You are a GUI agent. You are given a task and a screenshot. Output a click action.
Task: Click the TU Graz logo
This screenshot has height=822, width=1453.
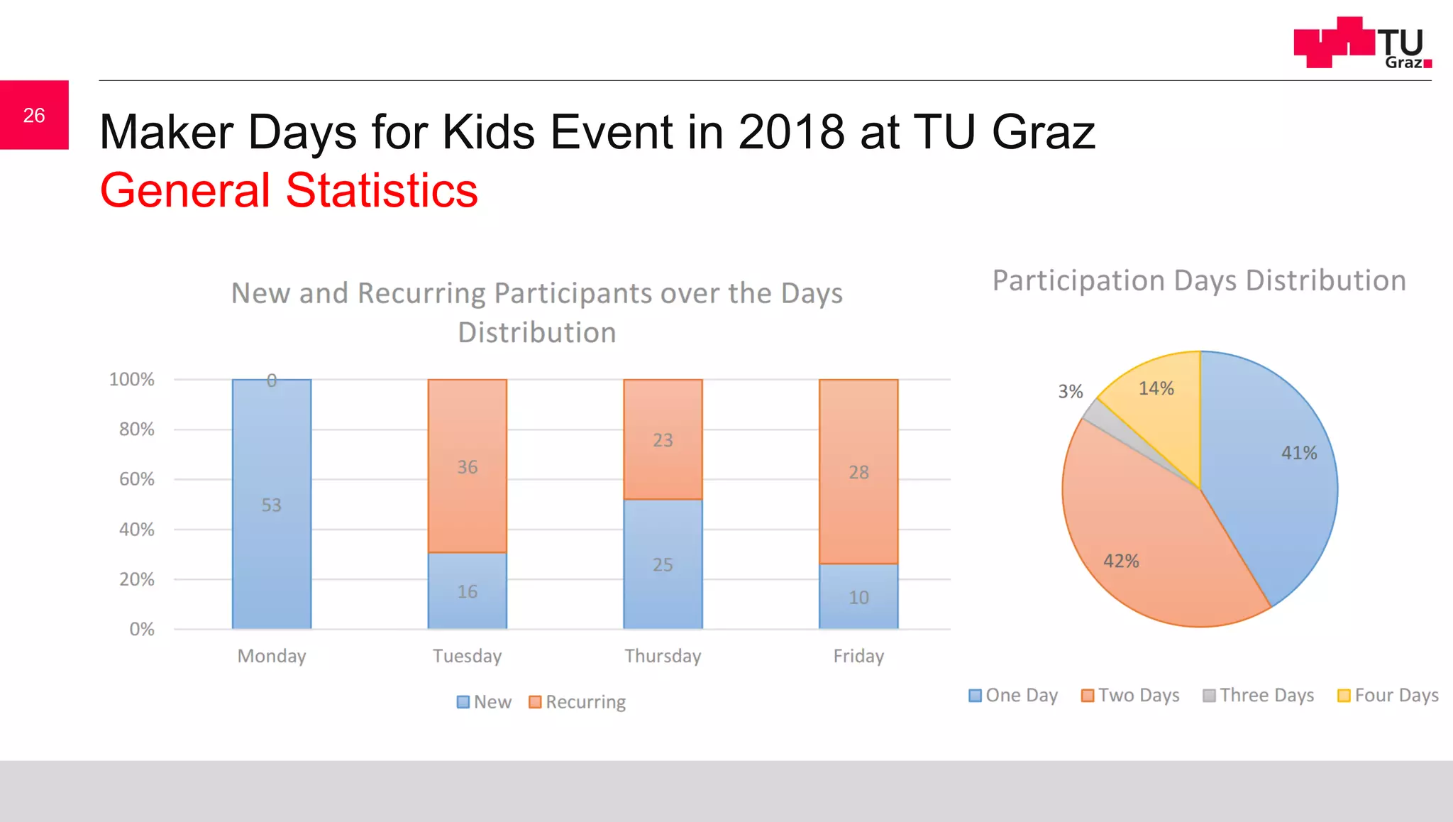pos(1362,43)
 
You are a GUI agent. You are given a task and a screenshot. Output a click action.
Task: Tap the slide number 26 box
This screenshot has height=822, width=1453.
pos(34,115)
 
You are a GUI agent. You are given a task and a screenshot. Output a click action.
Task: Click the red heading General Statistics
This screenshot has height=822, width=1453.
pos(289,190)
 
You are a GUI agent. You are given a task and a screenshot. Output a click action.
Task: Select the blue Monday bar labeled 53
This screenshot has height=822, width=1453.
pos(272,504)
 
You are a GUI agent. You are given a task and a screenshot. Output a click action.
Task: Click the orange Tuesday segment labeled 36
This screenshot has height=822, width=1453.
pos(467,466)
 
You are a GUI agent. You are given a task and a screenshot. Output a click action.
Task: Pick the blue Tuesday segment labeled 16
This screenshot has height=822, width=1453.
pos(467,591)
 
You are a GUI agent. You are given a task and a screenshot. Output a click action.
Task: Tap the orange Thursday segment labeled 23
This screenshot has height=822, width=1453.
pos(663,439)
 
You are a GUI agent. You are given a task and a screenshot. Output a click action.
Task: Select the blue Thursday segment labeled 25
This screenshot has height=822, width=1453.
pos(663,564)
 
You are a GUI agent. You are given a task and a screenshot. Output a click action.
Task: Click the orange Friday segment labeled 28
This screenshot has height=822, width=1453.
pos(858,471)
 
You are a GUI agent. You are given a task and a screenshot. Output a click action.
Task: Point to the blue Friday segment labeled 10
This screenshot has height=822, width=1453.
pos(858,597)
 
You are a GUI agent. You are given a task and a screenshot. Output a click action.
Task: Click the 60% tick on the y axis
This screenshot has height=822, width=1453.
pos(136,479)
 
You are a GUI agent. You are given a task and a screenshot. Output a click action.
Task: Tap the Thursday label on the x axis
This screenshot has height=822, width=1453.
pos(663,656)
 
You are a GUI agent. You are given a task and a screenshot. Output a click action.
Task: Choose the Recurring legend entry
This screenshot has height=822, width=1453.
pos(578,702)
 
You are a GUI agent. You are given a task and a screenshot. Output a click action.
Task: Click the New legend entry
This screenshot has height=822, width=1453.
pos(485,702)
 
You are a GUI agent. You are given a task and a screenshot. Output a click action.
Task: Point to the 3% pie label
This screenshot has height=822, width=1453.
pos(1070,391)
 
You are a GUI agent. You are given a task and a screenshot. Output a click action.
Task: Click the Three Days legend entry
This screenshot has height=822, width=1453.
pos(1259,696)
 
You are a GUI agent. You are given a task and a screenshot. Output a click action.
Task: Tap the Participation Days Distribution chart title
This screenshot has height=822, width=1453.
pos(1199,280)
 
